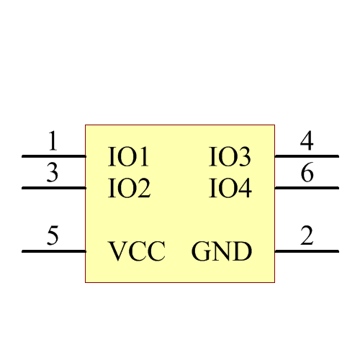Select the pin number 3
[53, 174]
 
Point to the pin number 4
[307, 141]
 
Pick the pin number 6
[307, 174]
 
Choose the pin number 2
[307, 236]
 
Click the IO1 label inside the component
[129, 156]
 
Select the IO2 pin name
[129, 189]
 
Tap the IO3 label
[230, 156]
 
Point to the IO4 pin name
[230, 189]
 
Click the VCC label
[137, 252]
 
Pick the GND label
[222, 252]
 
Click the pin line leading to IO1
[54, 156]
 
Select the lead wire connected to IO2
[54, 188]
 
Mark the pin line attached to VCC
[54, 251]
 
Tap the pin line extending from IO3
[306, 156]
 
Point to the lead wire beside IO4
[306, 188]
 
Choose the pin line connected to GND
[306, 251]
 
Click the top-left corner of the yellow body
[86, 125]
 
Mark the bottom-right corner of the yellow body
[275, 282]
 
